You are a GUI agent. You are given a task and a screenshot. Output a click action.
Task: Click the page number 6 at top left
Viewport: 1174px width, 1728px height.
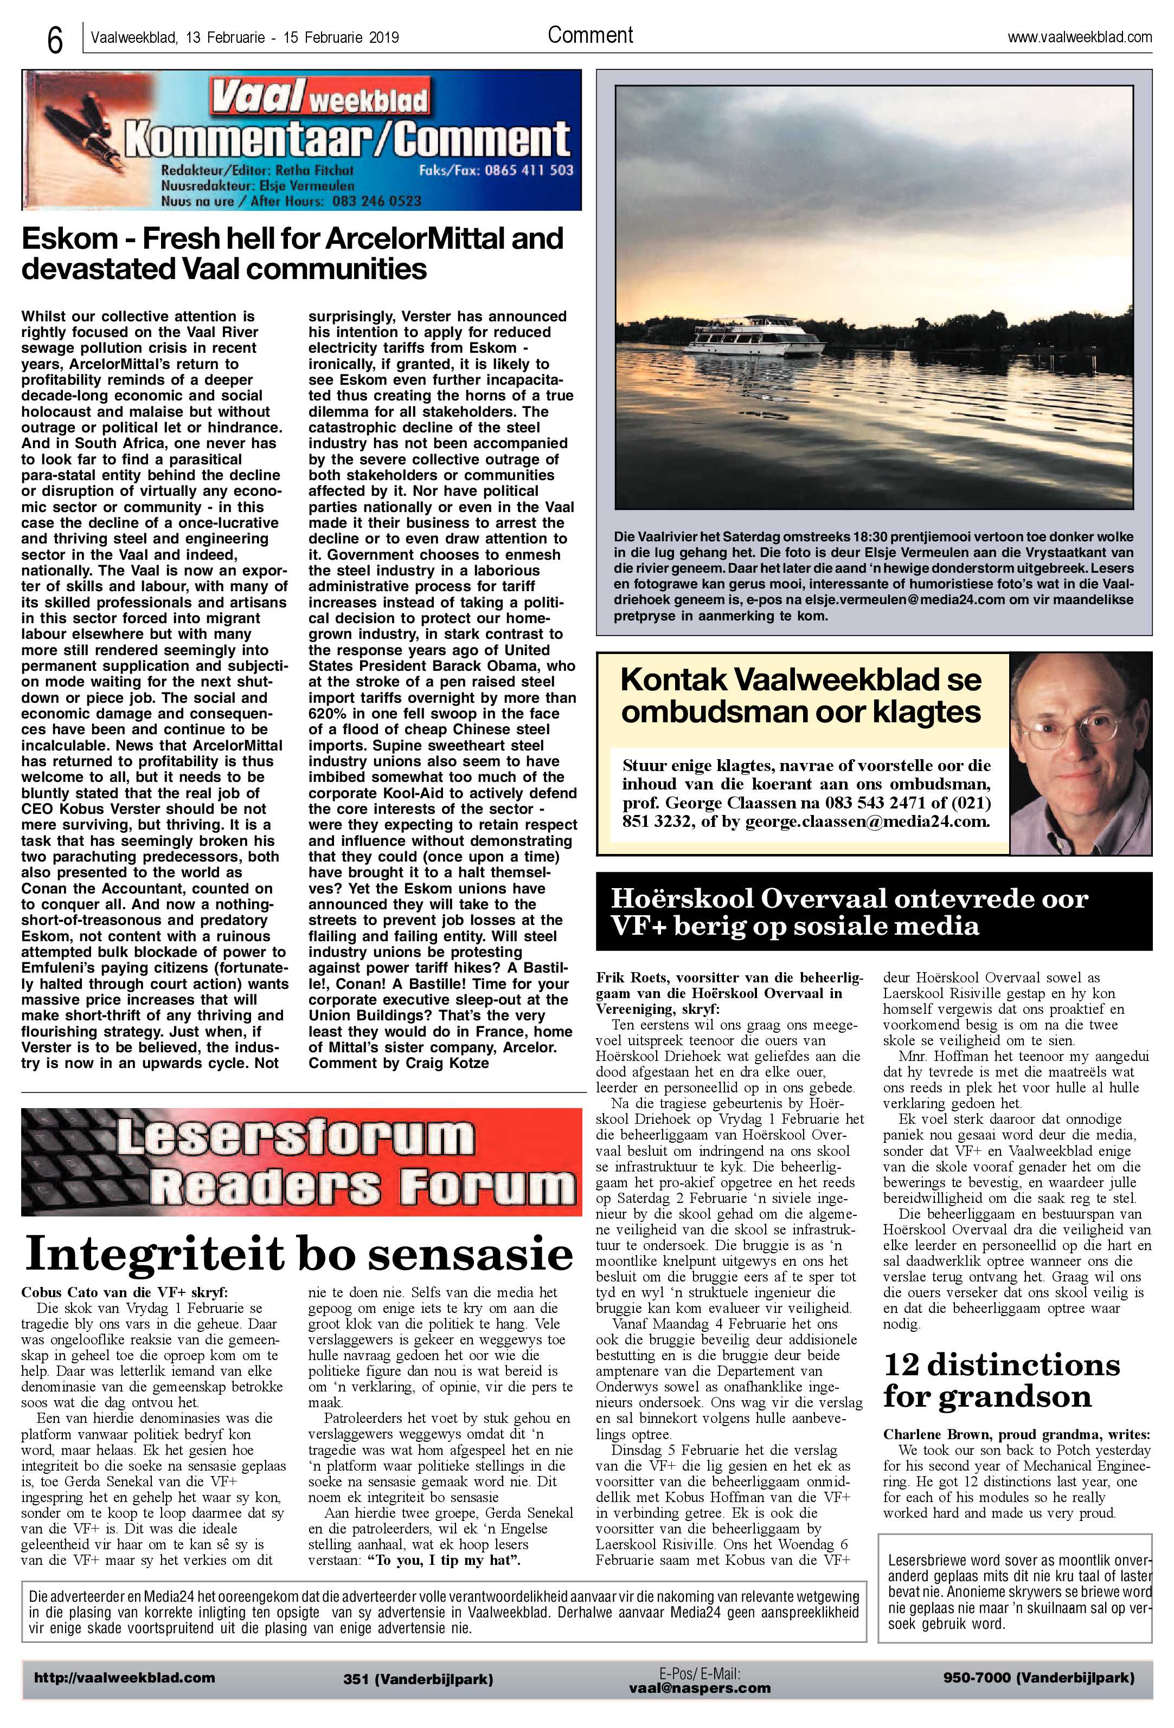point(54,40)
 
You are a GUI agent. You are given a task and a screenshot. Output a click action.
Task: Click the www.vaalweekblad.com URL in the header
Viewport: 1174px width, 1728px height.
point(1079,37)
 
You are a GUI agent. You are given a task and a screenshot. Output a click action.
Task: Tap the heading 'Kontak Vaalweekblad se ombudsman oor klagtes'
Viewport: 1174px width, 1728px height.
point(800,695)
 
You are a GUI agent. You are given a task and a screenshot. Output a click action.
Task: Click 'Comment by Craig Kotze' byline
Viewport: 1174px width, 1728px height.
point(399,1063)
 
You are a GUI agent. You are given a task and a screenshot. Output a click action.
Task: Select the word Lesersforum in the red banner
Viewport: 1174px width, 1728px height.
point(294,1137)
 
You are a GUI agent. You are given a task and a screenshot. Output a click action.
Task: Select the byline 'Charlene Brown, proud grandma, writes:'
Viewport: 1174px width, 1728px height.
point(1016,1434)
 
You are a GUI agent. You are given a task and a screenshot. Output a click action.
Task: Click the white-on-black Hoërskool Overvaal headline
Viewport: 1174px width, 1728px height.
point(848,911)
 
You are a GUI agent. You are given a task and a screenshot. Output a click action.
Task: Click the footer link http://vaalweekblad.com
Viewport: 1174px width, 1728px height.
point(124,1678)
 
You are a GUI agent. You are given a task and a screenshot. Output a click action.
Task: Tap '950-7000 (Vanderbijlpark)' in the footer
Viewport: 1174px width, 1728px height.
point(1038,1678)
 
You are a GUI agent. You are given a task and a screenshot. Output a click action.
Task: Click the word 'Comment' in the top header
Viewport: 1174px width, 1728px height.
point(590,35)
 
